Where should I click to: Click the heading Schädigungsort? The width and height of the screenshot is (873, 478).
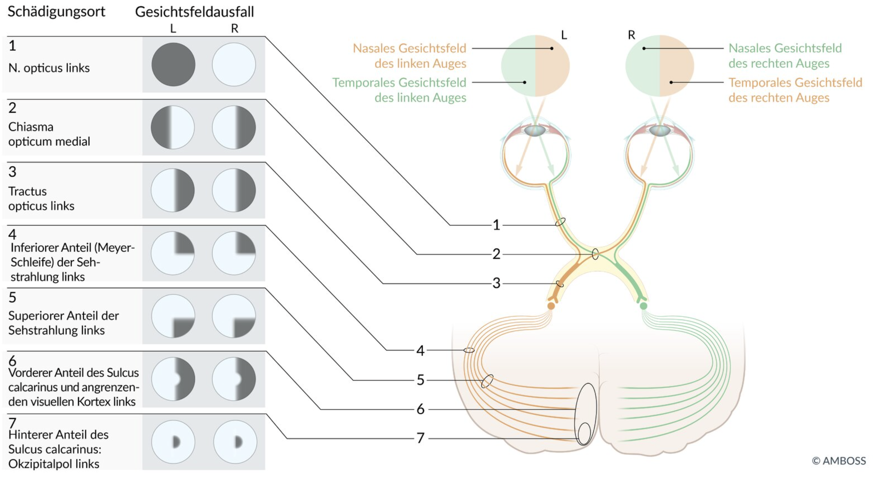pyautogui.click(x=56, y=12)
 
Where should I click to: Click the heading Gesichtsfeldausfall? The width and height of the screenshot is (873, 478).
pyautogui.click(x=194, y=12)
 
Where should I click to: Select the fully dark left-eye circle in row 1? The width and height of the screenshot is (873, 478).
pyautogui.click(x=173, y=64)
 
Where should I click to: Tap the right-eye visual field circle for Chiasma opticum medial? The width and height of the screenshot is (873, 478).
pyautogui.click(x=234, y=127)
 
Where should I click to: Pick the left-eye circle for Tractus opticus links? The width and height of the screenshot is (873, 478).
pyautogui.click(x=173, y=190)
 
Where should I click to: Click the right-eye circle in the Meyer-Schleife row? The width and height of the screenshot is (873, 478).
pyautogui.click(x=234, y=253)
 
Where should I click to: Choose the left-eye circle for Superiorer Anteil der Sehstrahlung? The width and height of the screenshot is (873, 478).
pyautogui.click(x=173, y=316)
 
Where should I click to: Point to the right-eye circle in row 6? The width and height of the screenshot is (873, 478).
pyautogui.click(x=234, y=379)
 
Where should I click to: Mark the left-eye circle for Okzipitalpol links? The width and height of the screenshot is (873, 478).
pyautogui.click(x=173, y=442)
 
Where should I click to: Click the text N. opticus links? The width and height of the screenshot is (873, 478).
pyautogui.click(x=49, y=68)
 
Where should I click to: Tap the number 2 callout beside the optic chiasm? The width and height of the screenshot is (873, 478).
pyautogui.click(x=496, y=254)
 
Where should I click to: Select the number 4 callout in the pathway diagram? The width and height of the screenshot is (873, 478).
pyautogui.click(x=420, y=351)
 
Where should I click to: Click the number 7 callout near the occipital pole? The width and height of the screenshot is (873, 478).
pyautogui.click(x=420, y=438)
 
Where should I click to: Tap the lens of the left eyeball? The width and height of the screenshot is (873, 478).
pyautogui.click(x=535, y=130)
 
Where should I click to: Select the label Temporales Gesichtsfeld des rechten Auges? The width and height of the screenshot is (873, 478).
pyautogui.click(x=795, y=90)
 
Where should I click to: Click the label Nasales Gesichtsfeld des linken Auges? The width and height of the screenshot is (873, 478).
pyautogui.click(x=410, y=56)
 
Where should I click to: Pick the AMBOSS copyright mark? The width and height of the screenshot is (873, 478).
pyautogui.click(x=839, y=461)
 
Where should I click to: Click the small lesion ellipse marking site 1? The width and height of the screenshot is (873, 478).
pyautogui.click(x=560, y=222)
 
